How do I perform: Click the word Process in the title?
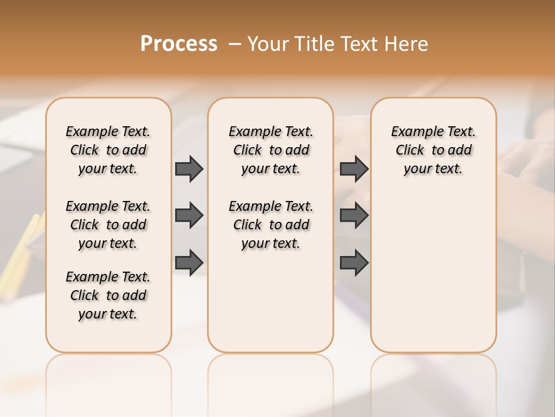[x=179, y=43]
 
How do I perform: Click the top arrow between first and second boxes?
[x=189, y=169]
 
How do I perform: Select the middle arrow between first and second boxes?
[x=189, y=215]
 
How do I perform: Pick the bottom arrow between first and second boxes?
[x=189, y=262]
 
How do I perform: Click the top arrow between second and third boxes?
[x=354, y=169]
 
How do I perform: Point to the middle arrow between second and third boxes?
[x=354, y=215]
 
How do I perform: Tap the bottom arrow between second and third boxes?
[x=354, y=262]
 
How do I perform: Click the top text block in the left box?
[x=108, y=150]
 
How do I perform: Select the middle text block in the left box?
[x=108, y=225]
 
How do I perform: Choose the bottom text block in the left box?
[x=108, y=295]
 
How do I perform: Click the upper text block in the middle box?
[x=271, y=150]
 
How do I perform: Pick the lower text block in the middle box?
[x=271, y=225]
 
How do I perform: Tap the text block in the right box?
[x=433, y=150]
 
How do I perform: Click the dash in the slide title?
[x=235, y=44]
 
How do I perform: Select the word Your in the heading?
[x=268, y=44]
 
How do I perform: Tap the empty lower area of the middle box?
[x=271, y=301]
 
